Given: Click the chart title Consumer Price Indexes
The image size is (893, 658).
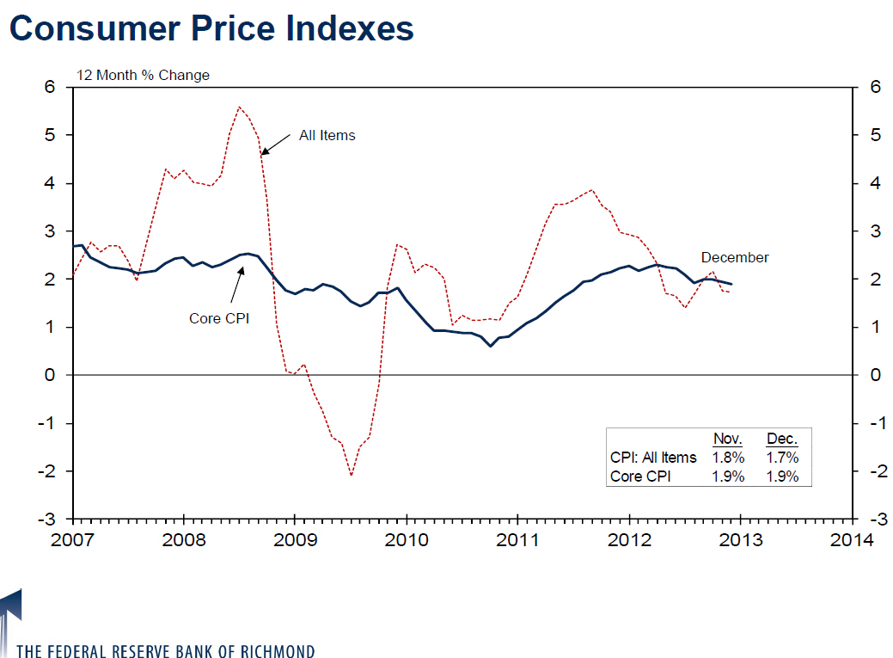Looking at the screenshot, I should [211, 28].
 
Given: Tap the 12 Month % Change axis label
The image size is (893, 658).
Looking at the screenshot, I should [143, 75].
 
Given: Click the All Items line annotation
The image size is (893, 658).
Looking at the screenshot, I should [327, 135].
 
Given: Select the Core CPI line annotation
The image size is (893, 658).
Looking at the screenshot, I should [218, 318].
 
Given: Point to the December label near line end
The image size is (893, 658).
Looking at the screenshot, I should [735, 257].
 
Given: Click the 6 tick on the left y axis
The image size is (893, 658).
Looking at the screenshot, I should [50, 88].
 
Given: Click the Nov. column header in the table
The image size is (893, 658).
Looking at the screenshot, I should [728, 439].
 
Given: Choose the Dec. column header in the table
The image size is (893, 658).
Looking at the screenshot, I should [782, 439].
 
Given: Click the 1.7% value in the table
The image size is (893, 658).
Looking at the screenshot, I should [782, 458].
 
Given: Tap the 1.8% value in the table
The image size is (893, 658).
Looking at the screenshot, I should [728, 458].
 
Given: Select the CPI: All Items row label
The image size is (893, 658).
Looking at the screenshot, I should [653, 458].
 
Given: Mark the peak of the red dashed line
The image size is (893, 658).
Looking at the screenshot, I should [239, 107].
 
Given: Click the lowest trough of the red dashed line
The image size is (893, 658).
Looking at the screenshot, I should [352, 475].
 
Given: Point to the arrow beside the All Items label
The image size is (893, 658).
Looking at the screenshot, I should [275, 145].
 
